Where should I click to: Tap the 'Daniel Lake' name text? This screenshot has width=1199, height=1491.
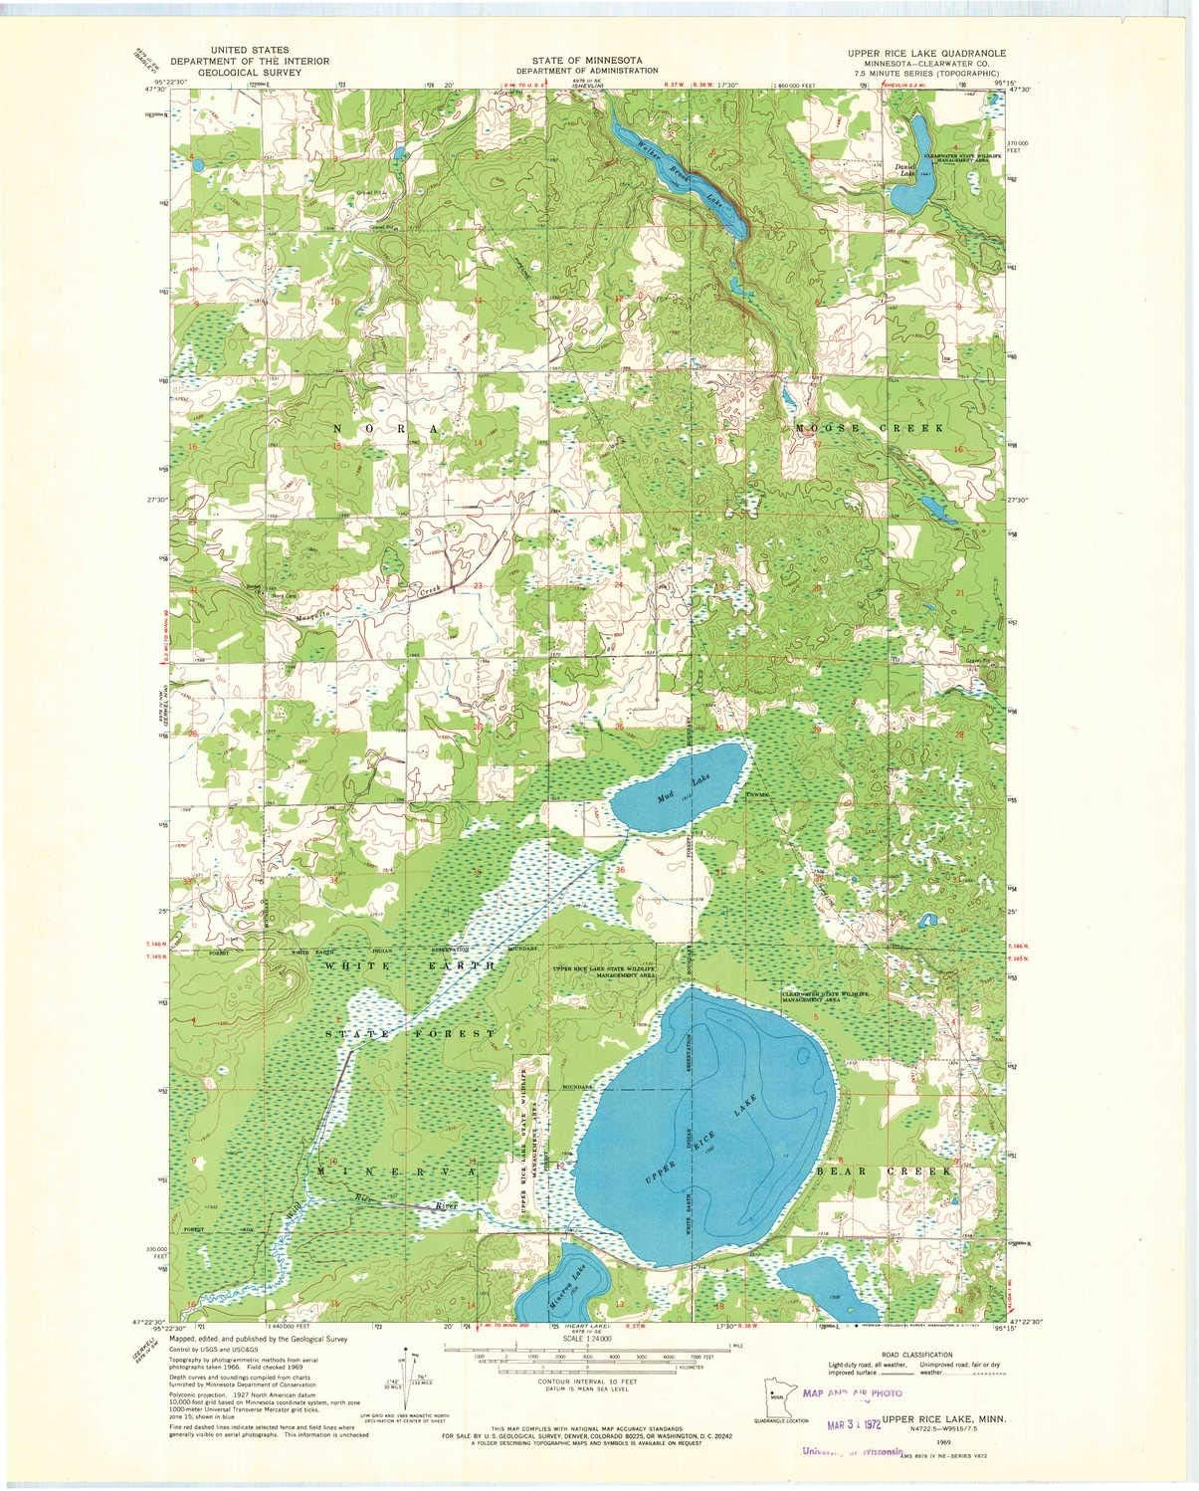point(904,170)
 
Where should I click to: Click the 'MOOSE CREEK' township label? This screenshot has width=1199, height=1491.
point(868,427)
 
